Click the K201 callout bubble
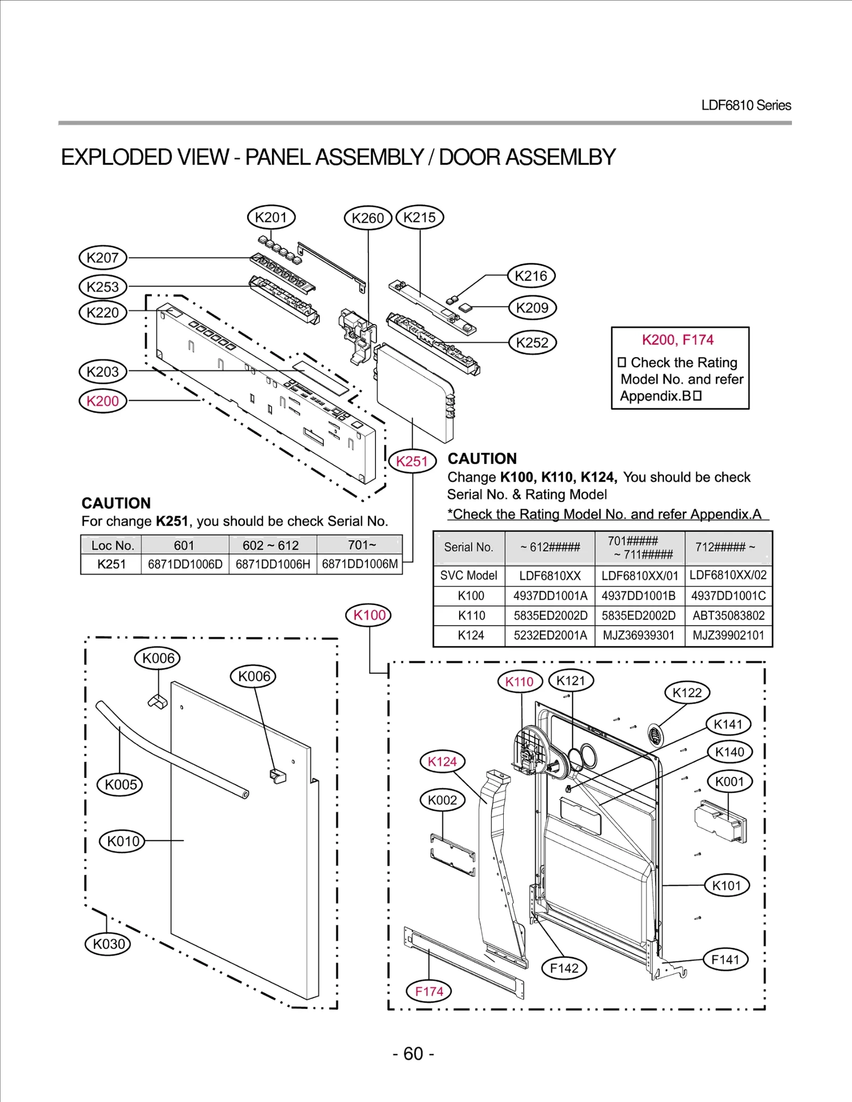pos(271,217)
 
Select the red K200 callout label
pos(103,401)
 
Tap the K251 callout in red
pos(412,461)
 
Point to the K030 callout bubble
pos(109,943)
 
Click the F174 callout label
pos(429,991)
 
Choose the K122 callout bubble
pos(687,692)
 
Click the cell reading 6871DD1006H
pos(273,564)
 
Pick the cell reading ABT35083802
pos(728,616)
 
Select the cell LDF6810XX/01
pos(640,576)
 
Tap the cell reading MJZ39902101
pos(728,635)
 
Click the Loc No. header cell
pos(112,545)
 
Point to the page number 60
pos(413,1054)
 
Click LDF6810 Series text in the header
pos(745,105)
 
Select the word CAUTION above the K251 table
pos(116,503)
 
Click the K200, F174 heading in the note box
pos(677,339)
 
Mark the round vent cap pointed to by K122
pos(656,736)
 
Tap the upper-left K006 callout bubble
pos(158,658)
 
